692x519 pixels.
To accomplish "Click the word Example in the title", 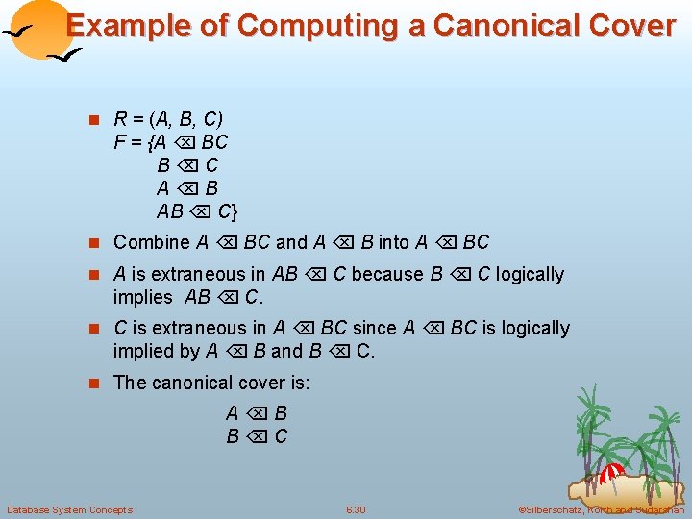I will point(130,26).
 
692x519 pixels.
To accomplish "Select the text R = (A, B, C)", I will point(168,120).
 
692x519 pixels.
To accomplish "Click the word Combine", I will point(152,243).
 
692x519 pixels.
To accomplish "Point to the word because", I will point(392,274).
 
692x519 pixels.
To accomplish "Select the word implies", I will point(142,297).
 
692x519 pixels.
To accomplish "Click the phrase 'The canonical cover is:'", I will point(211,383).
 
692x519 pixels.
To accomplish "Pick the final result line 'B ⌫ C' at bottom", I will point(257,436).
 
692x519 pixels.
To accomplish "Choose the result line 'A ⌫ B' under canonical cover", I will point(257,413).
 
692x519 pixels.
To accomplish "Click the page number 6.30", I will point(356,509).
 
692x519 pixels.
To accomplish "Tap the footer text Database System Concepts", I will point(69,509).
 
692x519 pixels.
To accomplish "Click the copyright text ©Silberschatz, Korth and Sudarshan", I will point(600,509).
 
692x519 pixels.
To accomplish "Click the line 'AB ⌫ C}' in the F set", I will point(197,211).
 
